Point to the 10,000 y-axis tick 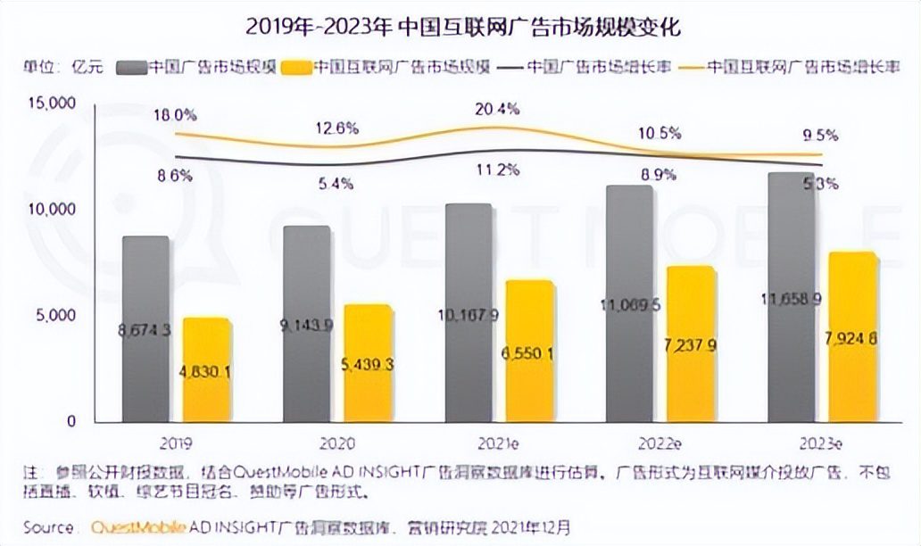pos(53,209)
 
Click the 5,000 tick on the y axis pos(56,315)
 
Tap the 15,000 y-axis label pos(53,103)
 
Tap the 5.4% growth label pos(335,184)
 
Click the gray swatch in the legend pos(130,67)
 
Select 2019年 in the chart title pos(274,27)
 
